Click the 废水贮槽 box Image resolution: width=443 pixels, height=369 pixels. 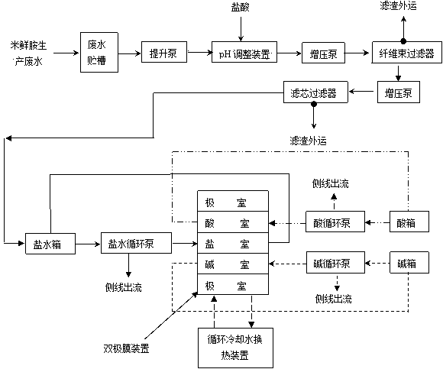pyautogui.click(x=99, y=52)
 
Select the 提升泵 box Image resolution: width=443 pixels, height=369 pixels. pyautogui.click(x=164, y=52)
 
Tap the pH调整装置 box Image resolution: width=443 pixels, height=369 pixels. pyautogui.click(x=244, y=52)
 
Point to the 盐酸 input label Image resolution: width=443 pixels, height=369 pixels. pyautogui.click(x=240, y=8)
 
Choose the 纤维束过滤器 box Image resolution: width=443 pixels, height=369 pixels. pyautogui.click(x=407, y=53)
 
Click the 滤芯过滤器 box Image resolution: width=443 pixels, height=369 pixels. pyautogui.click(x=315, y=92)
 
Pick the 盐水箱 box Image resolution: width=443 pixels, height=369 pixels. pyautogui.click(x=50, y=244)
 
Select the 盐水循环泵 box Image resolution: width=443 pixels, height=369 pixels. pyautogui.click(x=136, y=243)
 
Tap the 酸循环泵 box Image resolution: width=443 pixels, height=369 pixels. pyautogui.click(x=335, y=222)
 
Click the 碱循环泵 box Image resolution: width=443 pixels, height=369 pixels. pyautogui.click(x=335, y=263)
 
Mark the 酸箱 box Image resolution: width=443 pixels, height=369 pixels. pyautogui.click(x=409, y=222)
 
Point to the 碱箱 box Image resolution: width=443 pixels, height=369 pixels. pyautogui.click(x=409, y=263)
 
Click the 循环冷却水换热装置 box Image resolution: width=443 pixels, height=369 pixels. pyautogui.click(x=235, y=348)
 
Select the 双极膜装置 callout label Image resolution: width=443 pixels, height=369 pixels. pyautogui.click(x=126, y=348)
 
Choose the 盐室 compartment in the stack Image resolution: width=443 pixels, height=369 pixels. pyautogui.click(x=233, y=243)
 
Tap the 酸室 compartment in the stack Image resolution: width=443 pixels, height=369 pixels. pyautogui.click(x=233, y=222)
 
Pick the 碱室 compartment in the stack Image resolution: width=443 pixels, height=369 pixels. pyautogui.click(x=233, y=264)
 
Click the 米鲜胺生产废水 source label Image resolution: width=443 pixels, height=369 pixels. pyautogui.click(x=28, y=53)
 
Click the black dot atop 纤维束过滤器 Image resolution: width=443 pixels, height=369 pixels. pyautogui.click(x=403, y=41)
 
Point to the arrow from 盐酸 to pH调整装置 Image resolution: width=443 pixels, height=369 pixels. pyautogui.click(x=241, y=29)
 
